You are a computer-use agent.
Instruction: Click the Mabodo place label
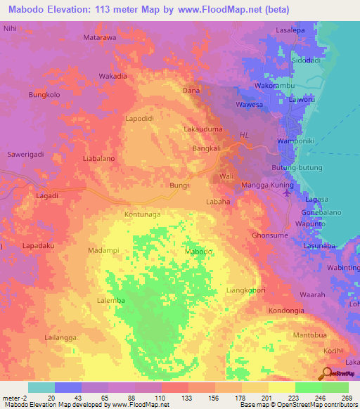pos(198,252)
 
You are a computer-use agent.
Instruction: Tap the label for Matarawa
pos(100,37)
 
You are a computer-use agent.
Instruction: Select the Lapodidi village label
pos(139,119)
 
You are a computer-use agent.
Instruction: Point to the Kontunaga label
pos(143,213)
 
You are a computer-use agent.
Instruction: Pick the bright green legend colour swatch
pos(308,387)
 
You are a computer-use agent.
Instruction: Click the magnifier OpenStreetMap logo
pos(327,372)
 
